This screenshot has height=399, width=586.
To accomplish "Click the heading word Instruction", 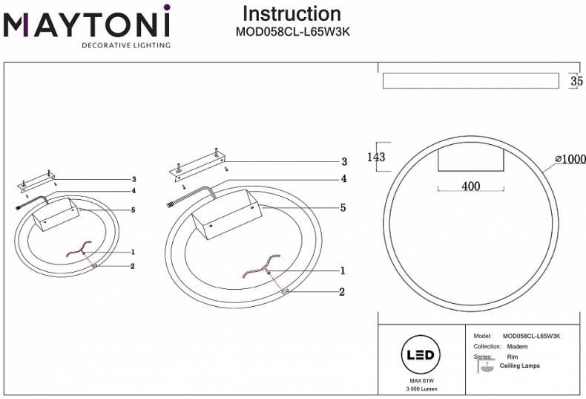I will [x=292, y=13].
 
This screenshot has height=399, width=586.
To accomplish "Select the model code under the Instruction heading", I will [x=292, y=32].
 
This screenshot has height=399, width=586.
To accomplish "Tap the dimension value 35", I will [x=576, y=81].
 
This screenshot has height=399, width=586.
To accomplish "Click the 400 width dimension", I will [x=470, y=186].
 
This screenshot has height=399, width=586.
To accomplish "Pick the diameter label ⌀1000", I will [x=570, y=159].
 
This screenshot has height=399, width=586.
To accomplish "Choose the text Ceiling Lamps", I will [x=519, y=366].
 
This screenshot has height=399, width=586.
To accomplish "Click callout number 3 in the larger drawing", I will [x=343, y=161].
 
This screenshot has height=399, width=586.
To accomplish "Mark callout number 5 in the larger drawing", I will [x=343, y=208].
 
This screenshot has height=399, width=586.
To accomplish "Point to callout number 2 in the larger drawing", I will [x=342, y=292].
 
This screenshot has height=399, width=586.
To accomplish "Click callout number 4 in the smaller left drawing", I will [x=134, y=191].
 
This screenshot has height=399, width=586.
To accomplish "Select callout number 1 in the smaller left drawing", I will [x=133, y=252].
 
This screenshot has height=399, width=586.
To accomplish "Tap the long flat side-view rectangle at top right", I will [x=470, y=81].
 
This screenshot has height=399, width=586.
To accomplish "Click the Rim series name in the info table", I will [x=512, y=357].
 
